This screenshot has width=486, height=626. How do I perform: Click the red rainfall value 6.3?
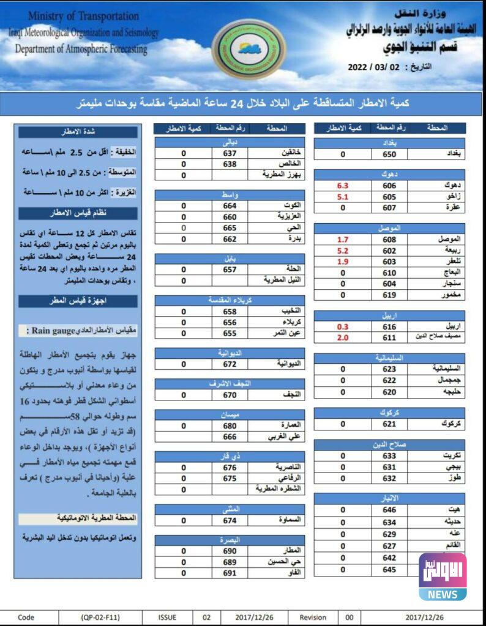click(343, 185)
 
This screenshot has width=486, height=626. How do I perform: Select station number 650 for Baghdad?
click(389, 155)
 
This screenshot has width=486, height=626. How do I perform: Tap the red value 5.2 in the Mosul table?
click(343, 251)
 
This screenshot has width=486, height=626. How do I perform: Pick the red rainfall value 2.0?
click(343, 337)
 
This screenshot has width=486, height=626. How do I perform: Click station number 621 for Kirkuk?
click(389, 424)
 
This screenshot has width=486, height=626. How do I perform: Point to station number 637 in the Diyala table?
click(230, 153)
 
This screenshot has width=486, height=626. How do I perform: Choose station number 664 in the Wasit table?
click(230, 205)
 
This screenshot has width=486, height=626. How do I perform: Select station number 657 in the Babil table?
click(230, 269)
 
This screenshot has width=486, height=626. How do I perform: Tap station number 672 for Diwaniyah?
click(230, 364)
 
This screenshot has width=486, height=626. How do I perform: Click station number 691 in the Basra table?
click(230, 573)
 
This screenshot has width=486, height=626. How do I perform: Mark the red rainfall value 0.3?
click(343, 327)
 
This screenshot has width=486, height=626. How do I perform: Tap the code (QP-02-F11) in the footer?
click(100, 617)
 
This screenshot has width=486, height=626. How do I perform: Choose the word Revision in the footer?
click(313, 617)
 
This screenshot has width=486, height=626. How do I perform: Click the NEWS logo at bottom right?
click(443, 577)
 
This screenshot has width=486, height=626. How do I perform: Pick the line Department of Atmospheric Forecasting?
click(81, 48)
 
